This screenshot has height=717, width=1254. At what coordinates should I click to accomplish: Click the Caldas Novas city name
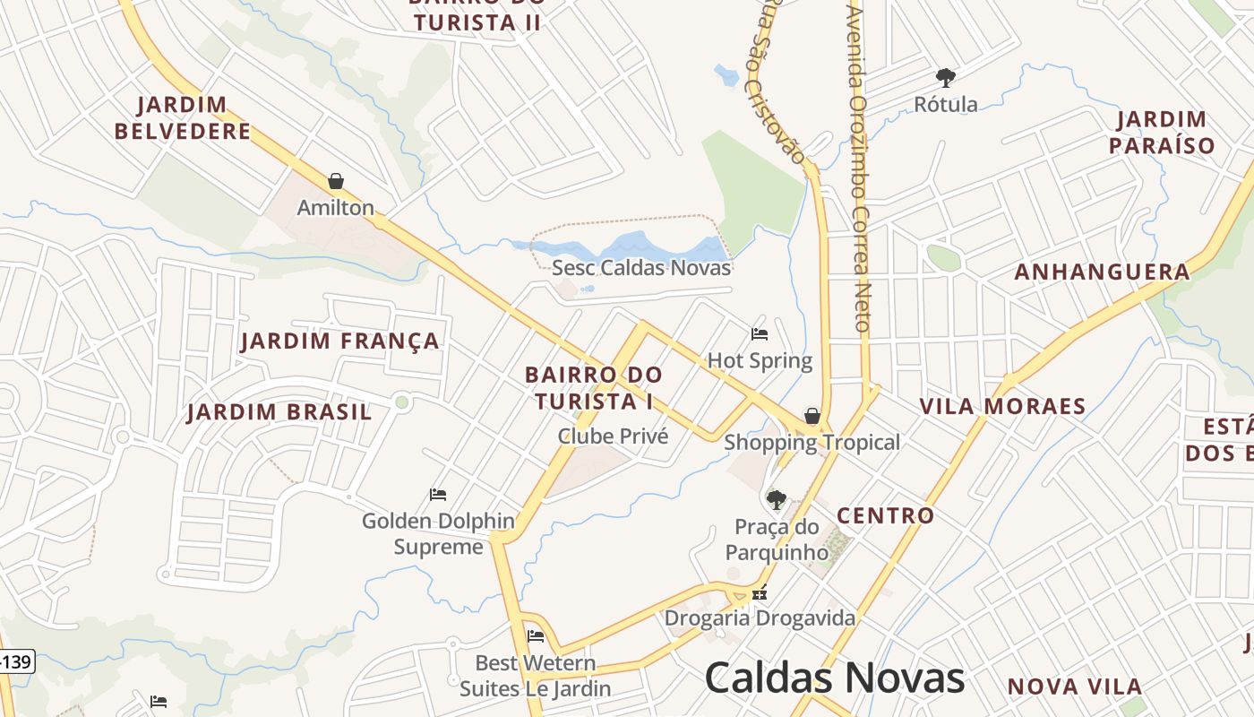[835, 678]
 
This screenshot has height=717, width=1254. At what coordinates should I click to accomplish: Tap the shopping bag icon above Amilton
[336, 181]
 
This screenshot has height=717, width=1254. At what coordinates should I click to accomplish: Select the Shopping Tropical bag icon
[812, 416]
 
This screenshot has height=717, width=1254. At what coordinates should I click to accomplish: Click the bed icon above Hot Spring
[760, 334]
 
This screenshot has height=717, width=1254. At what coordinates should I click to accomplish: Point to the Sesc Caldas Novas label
[641, 268]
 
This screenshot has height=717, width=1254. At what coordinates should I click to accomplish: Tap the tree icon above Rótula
[946, 78]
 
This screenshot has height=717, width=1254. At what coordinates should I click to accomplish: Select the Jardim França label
[340, 341]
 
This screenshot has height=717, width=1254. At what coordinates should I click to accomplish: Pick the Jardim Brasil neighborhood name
[279, 413]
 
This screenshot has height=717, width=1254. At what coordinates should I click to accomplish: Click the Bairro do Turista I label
[594, 387]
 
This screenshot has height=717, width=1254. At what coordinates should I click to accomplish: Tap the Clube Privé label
[614, 436]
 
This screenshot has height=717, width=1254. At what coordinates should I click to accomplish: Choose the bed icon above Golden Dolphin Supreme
[438, 494]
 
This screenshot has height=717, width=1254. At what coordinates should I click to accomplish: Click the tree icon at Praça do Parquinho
[777, 499]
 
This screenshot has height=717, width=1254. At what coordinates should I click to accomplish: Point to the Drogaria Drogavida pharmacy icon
[760, 592]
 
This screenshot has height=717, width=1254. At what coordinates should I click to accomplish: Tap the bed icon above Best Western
[536, 636]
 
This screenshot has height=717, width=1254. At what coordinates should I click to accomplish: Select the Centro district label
[885, 516]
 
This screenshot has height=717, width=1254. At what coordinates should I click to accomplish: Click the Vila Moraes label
[1002, 407]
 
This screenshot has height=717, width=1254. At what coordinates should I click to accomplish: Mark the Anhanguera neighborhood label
[1102, 272]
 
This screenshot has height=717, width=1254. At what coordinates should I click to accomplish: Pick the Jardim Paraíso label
[1162, 133]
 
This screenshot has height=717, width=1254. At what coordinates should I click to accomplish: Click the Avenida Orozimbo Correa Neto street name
[860, 170]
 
